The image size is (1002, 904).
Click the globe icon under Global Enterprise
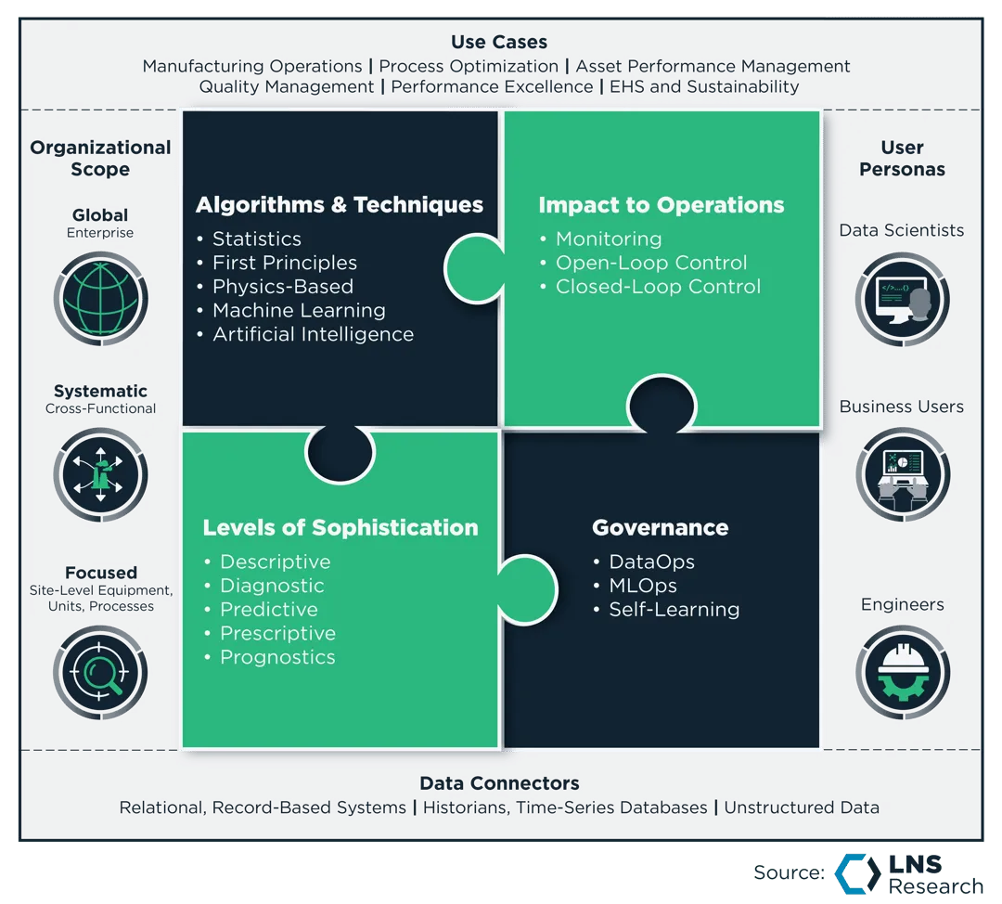[100, 299]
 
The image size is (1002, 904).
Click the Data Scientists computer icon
[902, 299]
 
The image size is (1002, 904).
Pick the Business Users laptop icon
[902, 473]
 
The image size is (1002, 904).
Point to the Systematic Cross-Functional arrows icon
[100, 473]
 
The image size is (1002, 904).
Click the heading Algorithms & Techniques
[340, 205]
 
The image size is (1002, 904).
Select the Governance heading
[660, 528]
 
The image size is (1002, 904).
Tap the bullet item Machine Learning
[299, 311]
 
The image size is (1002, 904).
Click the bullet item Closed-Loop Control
[658, 287]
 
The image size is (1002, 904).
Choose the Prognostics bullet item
[277, 657]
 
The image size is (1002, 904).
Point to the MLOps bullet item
[642, 586]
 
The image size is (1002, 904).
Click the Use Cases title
[499, 42]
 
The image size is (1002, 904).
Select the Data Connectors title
[499, 783]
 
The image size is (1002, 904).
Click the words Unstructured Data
[802, 807]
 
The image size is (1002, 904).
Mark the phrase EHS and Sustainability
[704, 86]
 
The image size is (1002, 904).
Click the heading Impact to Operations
[662, 205]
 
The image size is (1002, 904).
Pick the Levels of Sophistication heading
[340, 528]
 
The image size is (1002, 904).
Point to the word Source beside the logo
[788, 872]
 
